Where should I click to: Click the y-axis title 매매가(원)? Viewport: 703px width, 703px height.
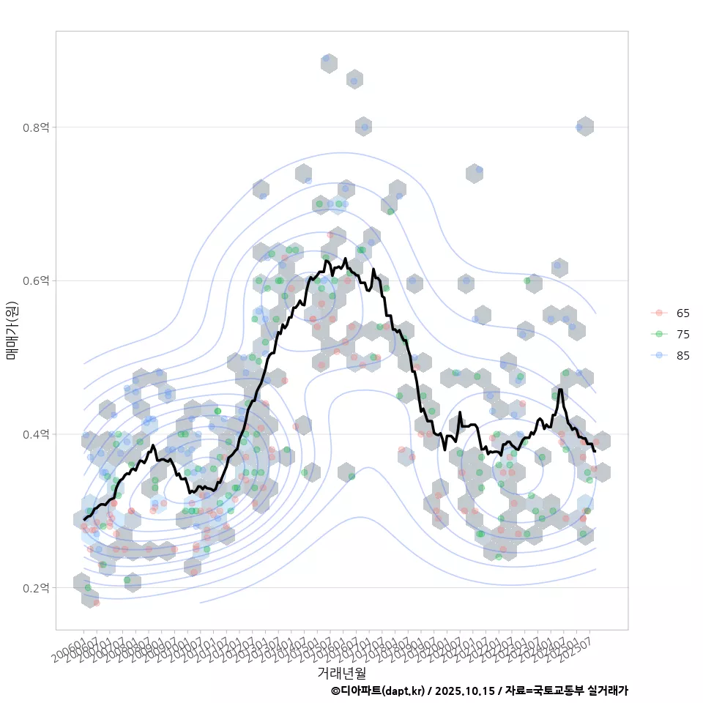tap(11, 330)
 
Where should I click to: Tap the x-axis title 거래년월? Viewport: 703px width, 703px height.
tap(342, 672)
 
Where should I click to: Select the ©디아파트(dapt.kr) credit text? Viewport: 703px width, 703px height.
tap(377, 691)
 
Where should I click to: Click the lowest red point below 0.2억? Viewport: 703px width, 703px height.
tap(96, 603)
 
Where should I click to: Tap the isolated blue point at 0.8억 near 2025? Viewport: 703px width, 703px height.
tap(579, 127)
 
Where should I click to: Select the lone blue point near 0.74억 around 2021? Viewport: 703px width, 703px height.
tap(479, 170)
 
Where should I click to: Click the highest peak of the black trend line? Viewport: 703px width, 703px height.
tap(345, 258)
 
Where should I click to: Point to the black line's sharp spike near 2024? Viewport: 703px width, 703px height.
tap(560, 389)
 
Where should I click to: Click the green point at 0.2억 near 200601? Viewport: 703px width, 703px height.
tap(88, 588)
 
